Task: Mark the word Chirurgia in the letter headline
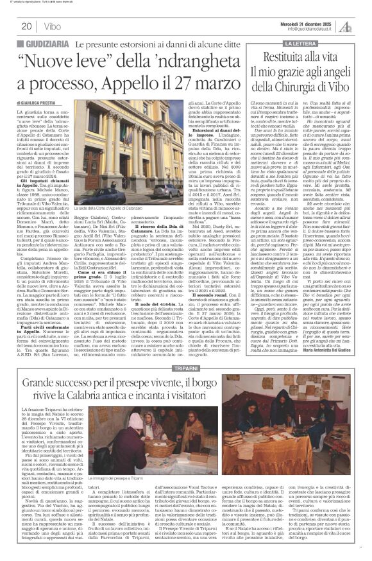[x=305, y=84]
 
